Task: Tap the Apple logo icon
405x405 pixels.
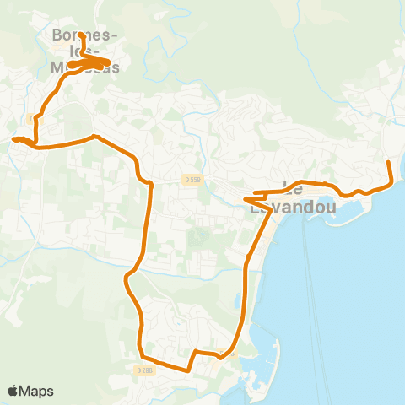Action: click(14, 391)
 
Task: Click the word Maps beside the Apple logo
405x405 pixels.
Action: click(38, 391)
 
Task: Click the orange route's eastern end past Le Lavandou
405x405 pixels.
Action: click(388, 162)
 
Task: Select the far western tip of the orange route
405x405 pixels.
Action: click(13, 140)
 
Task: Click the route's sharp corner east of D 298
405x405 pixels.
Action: click(186, 370)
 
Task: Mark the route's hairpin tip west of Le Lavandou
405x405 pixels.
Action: click(246, 199)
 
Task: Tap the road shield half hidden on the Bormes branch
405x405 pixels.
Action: click(35, 120)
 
